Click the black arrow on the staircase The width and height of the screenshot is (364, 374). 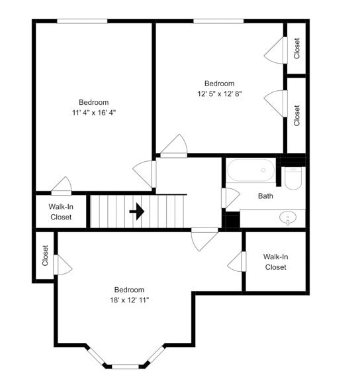coord(137,212)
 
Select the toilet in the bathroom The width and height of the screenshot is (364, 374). coord(293,177)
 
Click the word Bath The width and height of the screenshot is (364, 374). coord(265,196)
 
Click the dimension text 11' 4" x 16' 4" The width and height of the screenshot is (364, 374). coord(93,113)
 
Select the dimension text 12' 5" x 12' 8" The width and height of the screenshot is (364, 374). coord(219,94)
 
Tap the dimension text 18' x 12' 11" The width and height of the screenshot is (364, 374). coord(129,300)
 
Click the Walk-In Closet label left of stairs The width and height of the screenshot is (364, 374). coord(61,212)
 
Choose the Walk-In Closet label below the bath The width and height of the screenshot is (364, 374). coord(275,261)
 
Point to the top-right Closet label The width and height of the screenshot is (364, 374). coord(297,48)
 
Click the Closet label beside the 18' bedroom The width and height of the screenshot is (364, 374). coord(45,255)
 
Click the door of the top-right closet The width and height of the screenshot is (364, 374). coord(275,50)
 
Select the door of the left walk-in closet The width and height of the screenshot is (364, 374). coord(62,185)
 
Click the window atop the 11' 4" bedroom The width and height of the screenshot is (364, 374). coord(82,21)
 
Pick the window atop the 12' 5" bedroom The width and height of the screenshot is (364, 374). coord(218,21)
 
